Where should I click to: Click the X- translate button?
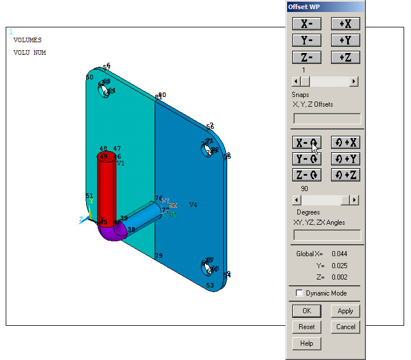pos(307,24)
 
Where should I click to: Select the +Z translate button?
pos(345,57)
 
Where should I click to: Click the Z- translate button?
pos(307,57)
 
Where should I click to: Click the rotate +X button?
pos(345,143)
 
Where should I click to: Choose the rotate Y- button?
pos(307,159)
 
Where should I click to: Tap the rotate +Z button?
pos(345,175)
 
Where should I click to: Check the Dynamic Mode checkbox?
pos(300,293)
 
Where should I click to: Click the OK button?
pos(307,311)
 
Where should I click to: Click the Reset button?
pos(307,327)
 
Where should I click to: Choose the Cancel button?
pos(345,327)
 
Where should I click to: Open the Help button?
pos(307,343)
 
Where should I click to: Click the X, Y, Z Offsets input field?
pos(327,119)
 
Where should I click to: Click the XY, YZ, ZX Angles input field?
pos(327,235)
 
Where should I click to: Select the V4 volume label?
pos(193,205)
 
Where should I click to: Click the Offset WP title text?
pos(303,6)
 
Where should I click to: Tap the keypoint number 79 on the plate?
pos(159,256)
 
